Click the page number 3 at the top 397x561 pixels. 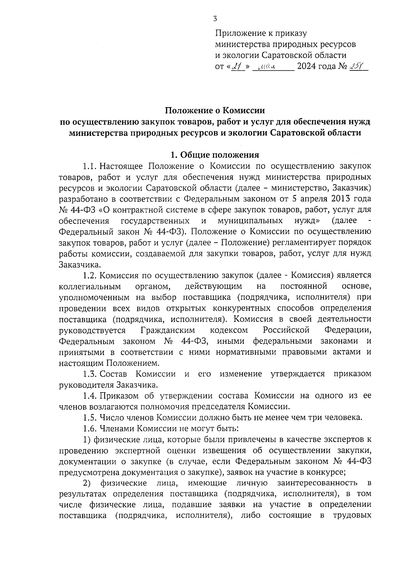[215, 19]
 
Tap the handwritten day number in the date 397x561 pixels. [236, 67]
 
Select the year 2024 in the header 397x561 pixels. [307, 67]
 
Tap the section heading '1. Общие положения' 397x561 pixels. [214, 155]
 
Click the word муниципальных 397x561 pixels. [250, 220]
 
